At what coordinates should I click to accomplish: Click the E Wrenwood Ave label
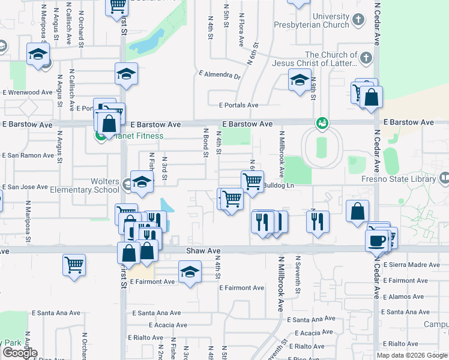click(x=27, y=92)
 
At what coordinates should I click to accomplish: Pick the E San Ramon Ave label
click(x=28, y=155)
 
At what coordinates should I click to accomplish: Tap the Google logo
click(x=20, y=353)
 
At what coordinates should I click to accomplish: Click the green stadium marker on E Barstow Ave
click(x=323, y=123)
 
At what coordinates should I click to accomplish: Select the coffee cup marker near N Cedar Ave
click(x=376, y=240)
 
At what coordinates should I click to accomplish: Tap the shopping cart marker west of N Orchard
click(x=74, y=263)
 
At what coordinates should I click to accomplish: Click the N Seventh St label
click(x=297, y=275)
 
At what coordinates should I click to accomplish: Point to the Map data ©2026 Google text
click(x=411, y=355)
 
